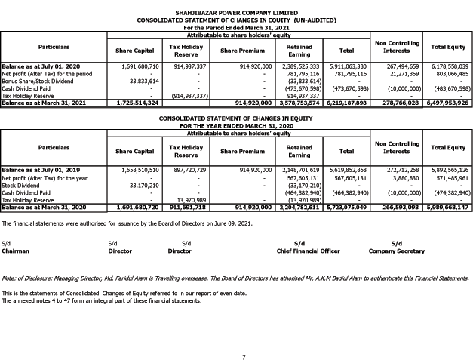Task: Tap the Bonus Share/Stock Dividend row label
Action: pos(38,81)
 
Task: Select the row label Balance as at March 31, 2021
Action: pos(43,102)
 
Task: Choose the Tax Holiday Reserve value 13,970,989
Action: pos(186,198)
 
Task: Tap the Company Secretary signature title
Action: pos(397,249)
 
